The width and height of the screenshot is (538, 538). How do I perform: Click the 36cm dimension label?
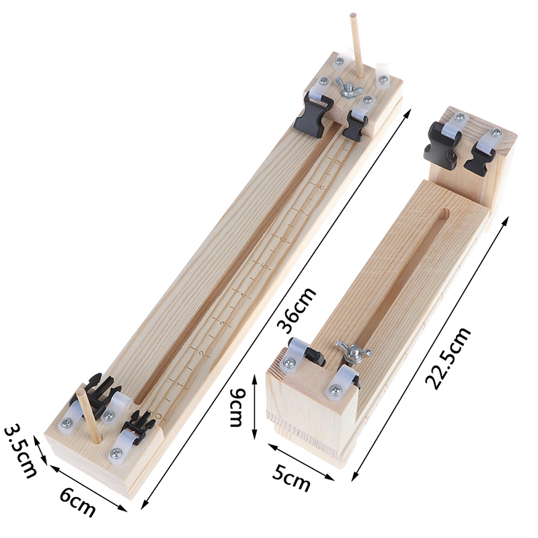coord(297,310)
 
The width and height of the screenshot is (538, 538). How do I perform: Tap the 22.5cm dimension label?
coord(447,358)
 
